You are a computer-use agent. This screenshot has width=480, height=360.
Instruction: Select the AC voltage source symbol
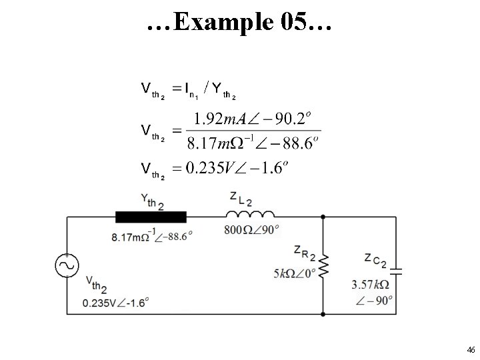(67, 265)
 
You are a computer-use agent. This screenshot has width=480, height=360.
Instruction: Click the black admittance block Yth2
(142, 216)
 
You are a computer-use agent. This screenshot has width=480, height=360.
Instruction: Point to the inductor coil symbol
(250, 215)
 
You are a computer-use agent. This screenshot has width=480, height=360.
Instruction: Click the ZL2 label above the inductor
(241, 198)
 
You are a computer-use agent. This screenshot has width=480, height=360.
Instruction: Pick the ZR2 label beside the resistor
(305, 253)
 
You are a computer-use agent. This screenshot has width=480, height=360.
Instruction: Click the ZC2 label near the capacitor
(376, 260)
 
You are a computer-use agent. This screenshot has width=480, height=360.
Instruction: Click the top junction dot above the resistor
(323, 217)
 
